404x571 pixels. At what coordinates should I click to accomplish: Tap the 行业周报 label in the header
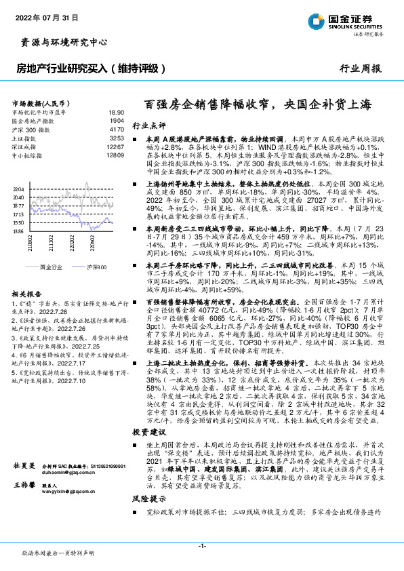coord(360,68)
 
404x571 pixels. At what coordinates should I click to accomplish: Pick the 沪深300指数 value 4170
coord(116,129)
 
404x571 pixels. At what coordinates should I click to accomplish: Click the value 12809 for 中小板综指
coord(115,155)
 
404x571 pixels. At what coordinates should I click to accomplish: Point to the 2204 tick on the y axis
coord(18,189)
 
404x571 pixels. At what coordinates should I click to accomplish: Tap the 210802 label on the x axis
coord(31,245)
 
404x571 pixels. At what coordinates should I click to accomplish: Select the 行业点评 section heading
coord(148,126)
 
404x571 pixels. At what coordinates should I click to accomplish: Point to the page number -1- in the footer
coord(202,545)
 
